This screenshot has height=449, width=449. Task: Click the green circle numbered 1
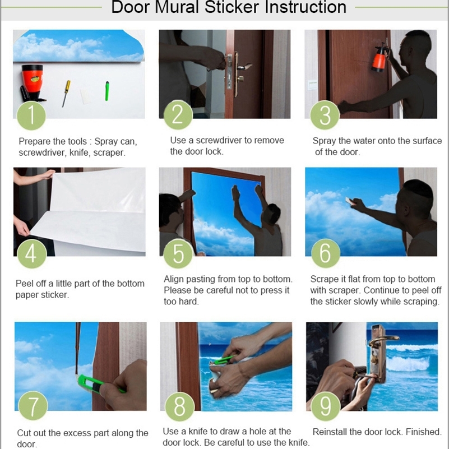pyautogui.click(x=31, y=115)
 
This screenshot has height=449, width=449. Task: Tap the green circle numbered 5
pyautogui.click(x=178, y=253)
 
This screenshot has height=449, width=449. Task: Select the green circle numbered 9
pyautogui.click(x=325, y=406)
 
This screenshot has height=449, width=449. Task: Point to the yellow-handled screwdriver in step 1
pyautogui.click(x=66, y=94)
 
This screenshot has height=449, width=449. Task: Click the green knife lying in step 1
pyautogui.click(x=107, y=91)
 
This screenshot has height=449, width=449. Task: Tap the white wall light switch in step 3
pyautogui.click(x=312, y=85)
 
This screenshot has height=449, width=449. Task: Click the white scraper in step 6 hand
pyautogui.click(x=349, y=200)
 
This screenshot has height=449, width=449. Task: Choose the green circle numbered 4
pyautogui.click(x=31, y=253)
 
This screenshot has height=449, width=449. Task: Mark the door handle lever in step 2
pyautogui.click(x=244, y=67)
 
